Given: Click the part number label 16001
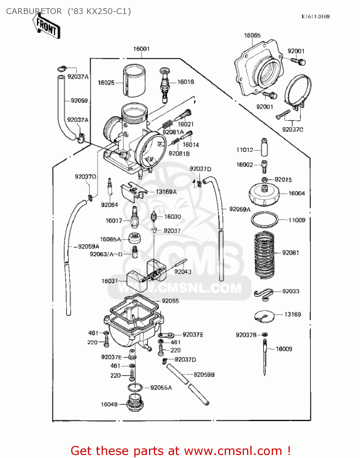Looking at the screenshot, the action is pyautogui.click(x=141, y=49).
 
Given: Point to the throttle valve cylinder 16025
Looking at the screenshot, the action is pyautogui.click(x=134, y=80).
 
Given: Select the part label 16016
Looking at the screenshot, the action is pyautogui.click(x=185, y=82).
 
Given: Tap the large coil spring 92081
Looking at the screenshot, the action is pyautogui.click(x=264, y=255).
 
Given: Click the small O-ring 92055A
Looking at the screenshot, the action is pyautogui.click(x=135, y=387).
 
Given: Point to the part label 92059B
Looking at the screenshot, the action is pyautogui.click(x=204, y=375).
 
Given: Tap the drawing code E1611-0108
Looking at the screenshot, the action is pyautogui.click(x=315, y=17).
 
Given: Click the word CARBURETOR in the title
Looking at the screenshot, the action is pyautogui.click(x=34, y=11).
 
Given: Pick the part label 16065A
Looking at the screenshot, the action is pyautogui.click(x=110, y=239).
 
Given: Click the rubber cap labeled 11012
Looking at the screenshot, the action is pyautogui.click(x=264, y=147).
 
